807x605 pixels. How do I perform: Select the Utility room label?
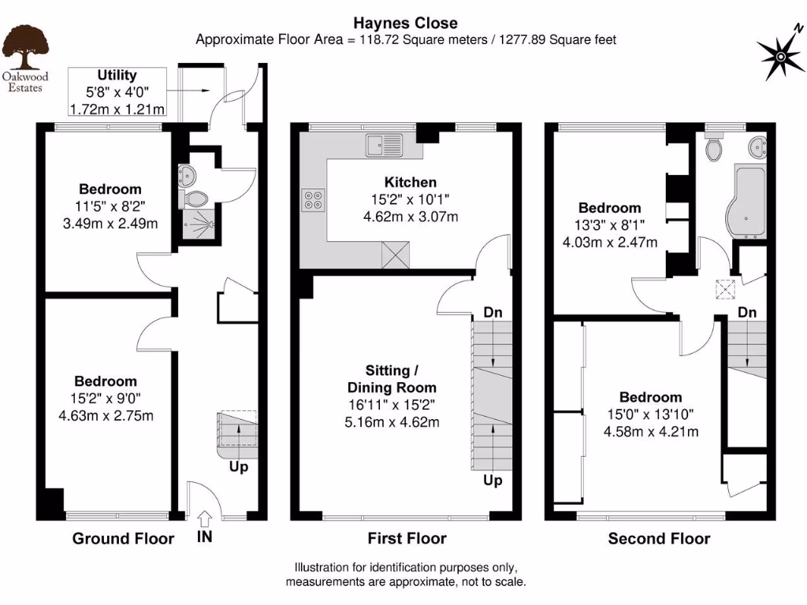[117, 76]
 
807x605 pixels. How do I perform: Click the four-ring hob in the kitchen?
[312, 202]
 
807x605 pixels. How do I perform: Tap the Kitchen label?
[410, 183]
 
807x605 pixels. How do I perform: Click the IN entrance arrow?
[203, 518]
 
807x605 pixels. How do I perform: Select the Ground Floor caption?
[123, 539]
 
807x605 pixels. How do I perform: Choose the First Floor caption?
[407, 539]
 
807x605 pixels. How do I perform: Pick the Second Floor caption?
[659, 539]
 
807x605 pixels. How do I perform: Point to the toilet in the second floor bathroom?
[715, 149]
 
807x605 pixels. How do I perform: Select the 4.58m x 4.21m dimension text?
[650, 431]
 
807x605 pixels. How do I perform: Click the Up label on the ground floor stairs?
[239, 467]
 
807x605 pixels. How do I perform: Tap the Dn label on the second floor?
[747, 313]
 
